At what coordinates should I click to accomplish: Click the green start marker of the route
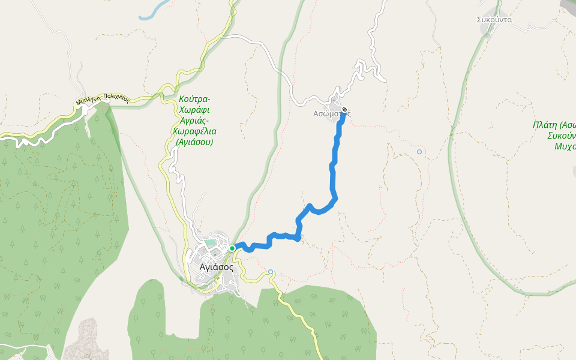[232, 248]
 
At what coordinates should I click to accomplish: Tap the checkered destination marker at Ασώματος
[344, 109]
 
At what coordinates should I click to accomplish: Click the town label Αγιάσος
[216, 268]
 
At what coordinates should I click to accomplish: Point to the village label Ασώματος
[332, 113]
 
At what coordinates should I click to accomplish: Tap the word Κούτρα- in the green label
[194, 99]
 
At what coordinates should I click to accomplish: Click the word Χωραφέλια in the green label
[194, 131]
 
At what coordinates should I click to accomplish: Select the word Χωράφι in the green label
[194, 110]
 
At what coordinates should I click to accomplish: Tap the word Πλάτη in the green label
[544, 125]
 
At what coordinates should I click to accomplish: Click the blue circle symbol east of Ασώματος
[419, 152]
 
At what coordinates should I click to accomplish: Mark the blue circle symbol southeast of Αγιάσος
[271, 272]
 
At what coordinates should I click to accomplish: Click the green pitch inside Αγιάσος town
[211, 243]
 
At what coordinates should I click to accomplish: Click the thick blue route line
[332, 174]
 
